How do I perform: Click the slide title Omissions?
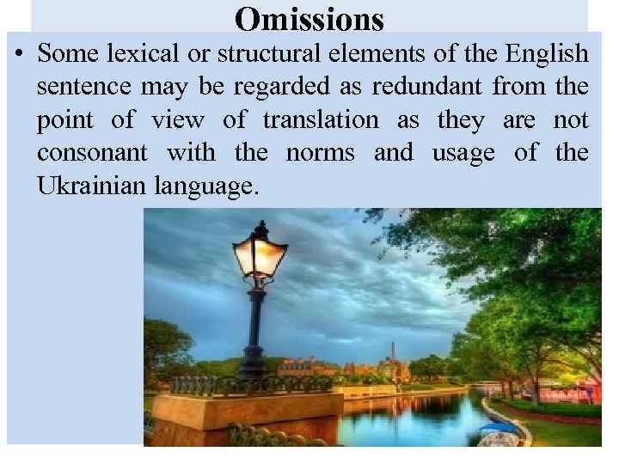(309, 19)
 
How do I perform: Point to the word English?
(546, 54)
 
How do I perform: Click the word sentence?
(77, 87)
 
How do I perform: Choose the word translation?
(320, 120)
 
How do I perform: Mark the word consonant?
(91, 153)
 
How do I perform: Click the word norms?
(318, 153)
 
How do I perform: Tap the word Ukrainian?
(91, 186)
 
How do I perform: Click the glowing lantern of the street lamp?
(260, 255)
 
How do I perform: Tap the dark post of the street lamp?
(255, 327)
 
